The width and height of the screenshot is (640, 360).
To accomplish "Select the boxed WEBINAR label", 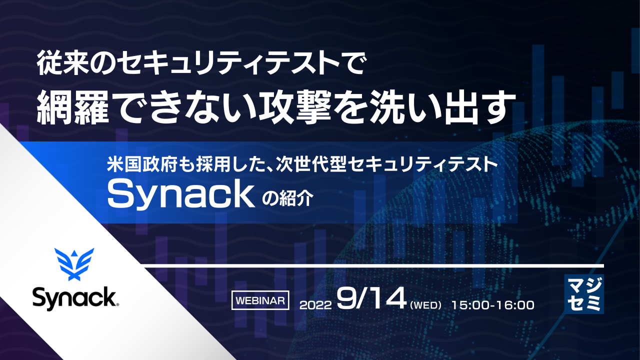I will pyautogui.click(x=260, y=300).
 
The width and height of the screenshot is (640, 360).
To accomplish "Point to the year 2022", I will pyautogui.click(x=315, y=304).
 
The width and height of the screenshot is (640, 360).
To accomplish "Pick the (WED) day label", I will pyautogui.click(x=425, y=304).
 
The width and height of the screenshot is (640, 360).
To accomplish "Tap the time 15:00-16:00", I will pyautogui.click(x=492, y=304).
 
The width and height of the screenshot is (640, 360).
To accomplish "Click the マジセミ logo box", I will pyautogui.click(x=583, y=294).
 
